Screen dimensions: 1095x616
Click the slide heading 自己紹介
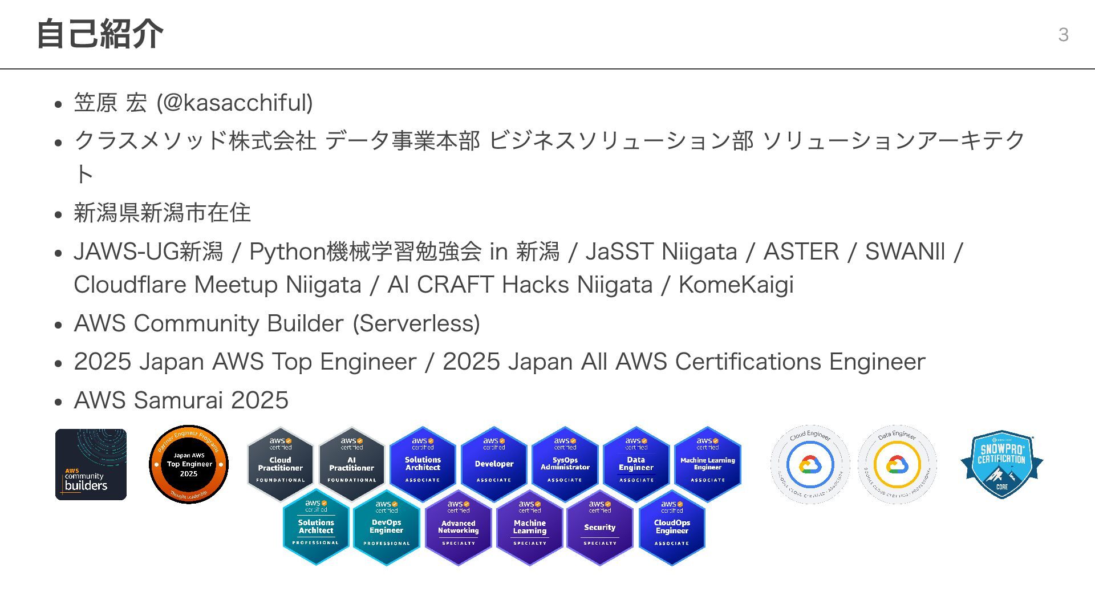click(100, 34)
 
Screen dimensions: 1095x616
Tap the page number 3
click(1063, 35)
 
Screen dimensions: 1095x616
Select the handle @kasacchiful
click(234, 103)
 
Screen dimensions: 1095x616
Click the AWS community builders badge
click(91, 464)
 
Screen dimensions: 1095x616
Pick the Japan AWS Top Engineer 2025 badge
click(189, 464)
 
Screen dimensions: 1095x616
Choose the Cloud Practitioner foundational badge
click(281, 464)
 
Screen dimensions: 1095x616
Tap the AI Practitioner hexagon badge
click(351, 464)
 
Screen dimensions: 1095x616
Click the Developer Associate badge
click(494, 464)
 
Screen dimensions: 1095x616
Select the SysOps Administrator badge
click(565, 464)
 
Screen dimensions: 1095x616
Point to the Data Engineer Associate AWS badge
click(636, 464)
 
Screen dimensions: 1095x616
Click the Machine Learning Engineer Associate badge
click(707, 464)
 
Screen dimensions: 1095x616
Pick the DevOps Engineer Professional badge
click(387, 527)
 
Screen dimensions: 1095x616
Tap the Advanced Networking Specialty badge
click(458, 527)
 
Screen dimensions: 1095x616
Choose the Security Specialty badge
click(600, 527)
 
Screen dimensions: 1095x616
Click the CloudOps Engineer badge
click(672, 527)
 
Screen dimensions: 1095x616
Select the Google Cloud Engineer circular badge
click(810, 464)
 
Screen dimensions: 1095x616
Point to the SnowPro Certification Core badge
click(1002, 464)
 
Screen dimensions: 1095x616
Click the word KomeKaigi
click(736, 285)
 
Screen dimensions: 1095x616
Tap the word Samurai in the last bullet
click(178, 400)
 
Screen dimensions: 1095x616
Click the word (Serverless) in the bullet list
click(416, 323)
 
